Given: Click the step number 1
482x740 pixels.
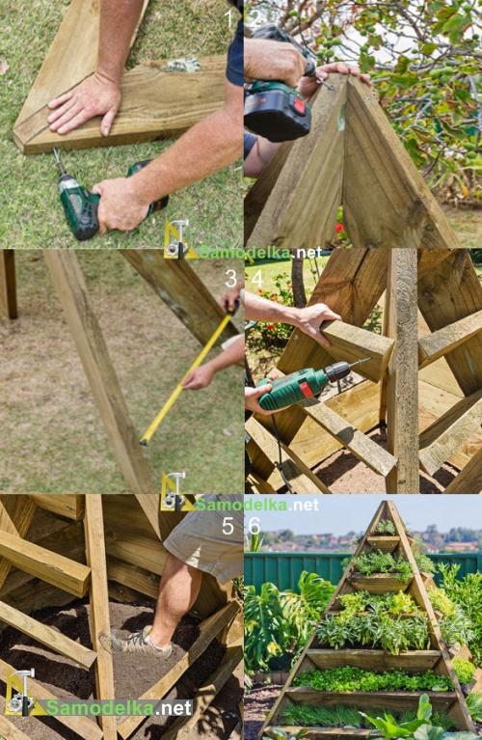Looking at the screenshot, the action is click(x=229, y=19).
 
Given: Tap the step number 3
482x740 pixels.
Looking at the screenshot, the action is click(x=230, y=279).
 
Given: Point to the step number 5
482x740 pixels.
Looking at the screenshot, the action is click(x=228, y=526).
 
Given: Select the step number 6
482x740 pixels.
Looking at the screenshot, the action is click(x=254, y=526).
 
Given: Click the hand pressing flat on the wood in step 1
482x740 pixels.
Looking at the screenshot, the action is click(x=85, y=105).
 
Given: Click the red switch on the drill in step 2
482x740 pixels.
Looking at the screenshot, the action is click(x=300, y=105).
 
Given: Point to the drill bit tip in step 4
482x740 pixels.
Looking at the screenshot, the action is click(x=369, y=360).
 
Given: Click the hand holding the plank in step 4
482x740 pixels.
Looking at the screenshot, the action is click(x=315, y=323).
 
